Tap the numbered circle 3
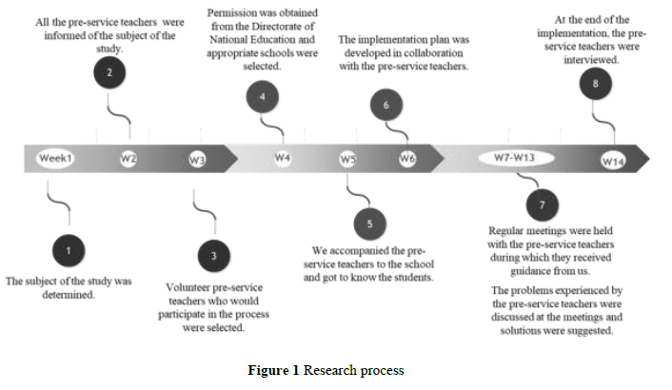tap(213, 255)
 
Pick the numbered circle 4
tap(263, 96)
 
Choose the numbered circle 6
tap(385, 105)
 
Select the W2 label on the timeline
tap(128, 158)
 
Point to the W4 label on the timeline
tap(282, 157)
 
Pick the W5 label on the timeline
tap(347, 159)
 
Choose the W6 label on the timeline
tap(407, 159)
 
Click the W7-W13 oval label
tap(517, 157)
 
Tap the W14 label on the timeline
tap(612, 160)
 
